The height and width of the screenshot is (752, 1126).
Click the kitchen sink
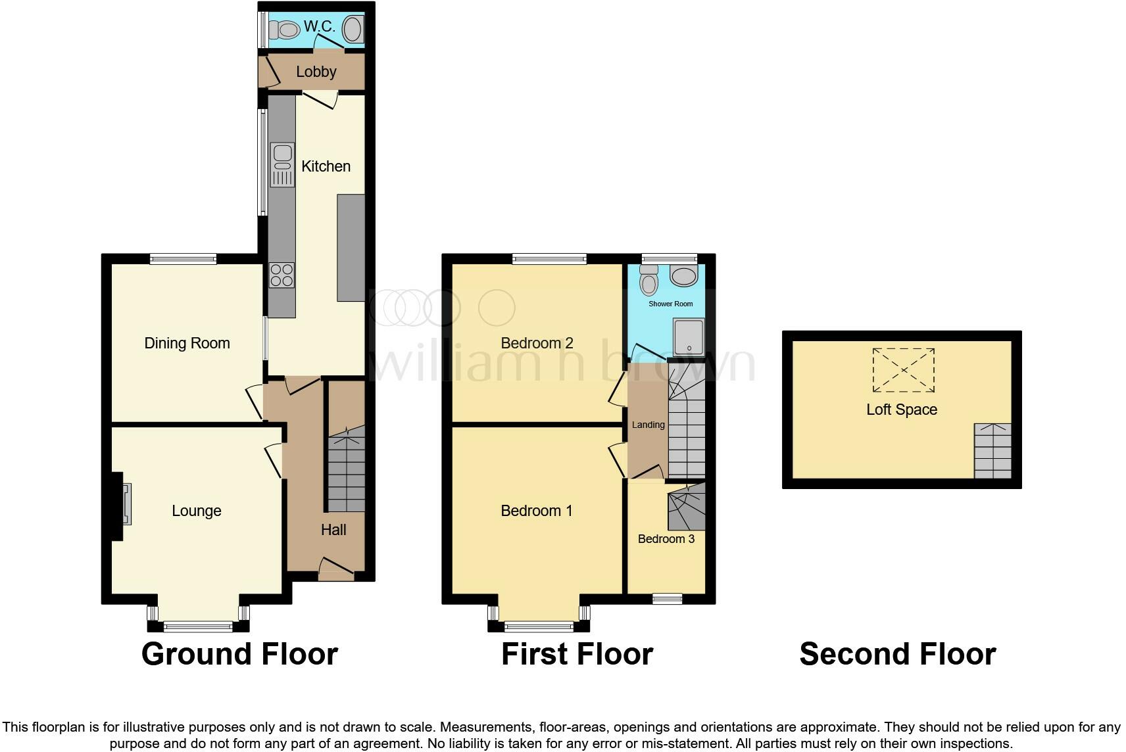282,164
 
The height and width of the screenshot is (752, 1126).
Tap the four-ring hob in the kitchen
281,275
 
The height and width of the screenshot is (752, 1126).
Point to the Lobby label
316,72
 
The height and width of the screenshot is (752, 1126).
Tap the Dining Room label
187,343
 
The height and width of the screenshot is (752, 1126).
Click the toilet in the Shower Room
649,281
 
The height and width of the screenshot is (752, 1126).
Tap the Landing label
648,425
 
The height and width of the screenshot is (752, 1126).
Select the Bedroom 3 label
666,539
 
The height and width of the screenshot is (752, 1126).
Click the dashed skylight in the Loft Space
903,370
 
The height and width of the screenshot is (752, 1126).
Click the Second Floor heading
897,654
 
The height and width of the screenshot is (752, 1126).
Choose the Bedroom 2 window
549,259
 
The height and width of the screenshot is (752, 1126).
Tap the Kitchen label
326,166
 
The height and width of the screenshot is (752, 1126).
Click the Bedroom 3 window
667,598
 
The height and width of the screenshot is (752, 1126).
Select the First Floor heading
577,654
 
